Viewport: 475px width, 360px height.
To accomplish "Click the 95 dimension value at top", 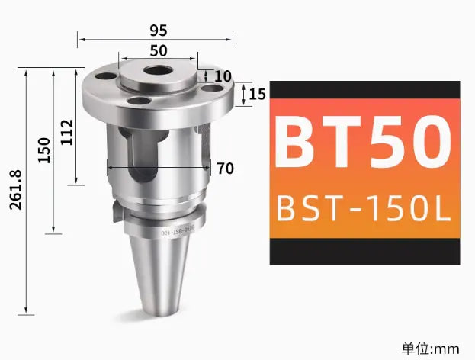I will pyautogui.click(x=159, y=31).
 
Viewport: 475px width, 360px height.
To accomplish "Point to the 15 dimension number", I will pyautogui.click(x=257, y=94).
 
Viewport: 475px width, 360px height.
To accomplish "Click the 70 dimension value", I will pyautogui.click(x=225, y=169).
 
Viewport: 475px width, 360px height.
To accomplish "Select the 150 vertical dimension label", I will pyautogui.click(x=43, y=149).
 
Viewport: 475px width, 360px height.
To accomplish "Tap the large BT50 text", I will pyautogui.click(x=364, y=143).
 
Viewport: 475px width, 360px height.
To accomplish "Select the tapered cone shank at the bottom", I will pyautogui.click(x=157, y=272).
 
